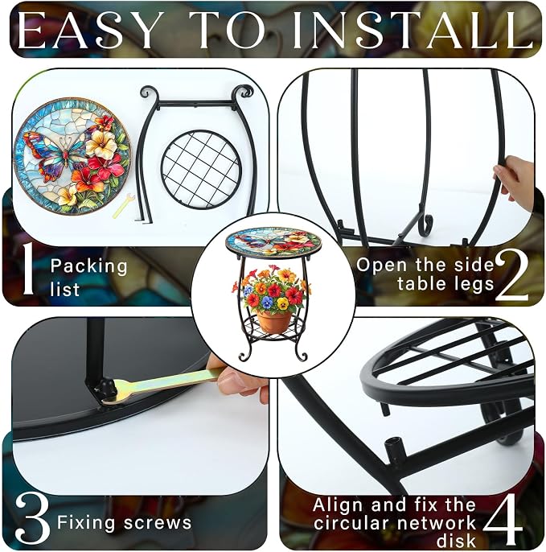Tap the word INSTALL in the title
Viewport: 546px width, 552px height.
[412, 30]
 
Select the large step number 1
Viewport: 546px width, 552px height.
[27, 269]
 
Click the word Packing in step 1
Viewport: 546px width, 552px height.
[88, 266]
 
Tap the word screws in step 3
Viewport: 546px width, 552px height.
[158, 523]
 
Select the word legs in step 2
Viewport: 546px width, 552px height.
[471, 285]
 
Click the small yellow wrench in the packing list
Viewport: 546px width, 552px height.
[123, 206]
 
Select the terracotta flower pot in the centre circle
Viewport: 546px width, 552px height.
[274, 321]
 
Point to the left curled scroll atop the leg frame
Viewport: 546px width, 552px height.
[148, 92]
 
